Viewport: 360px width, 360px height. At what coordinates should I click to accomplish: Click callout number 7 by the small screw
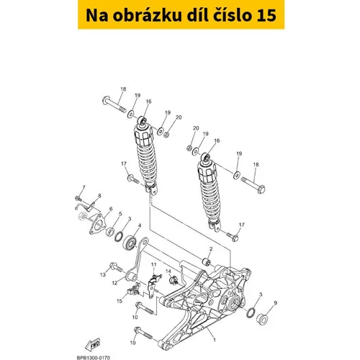pyautogui.click(x=84, y=186)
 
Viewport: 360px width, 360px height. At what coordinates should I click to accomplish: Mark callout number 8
pyautogui.click(x=99, y=196)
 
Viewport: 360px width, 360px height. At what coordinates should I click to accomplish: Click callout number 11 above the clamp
pyautogui.click(x=153, y=266)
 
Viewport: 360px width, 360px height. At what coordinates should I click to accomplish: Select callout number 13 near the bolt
pyautogui.click(x=103, y=275)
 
